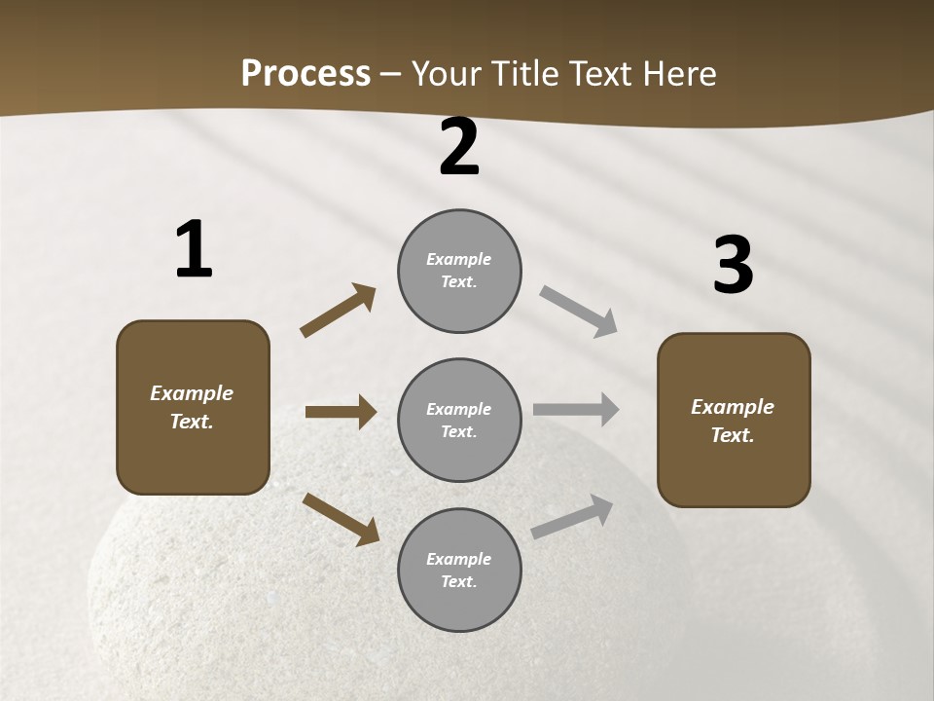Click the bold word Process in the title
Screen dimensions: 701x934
point(305,74)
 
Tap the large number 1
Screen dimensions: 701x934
point(194,250)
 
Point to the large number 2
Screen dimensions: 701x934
point(459,148)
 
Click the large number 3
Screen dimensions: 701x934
point(733,266)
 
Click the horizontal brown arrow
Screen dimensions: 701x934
point(341,412)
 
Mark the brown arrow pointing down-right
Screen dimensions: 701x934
point(341,519)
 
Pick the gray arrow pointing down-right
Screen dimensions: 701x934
point(579,311)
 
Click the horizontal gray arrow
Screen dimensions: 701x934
point(576,409)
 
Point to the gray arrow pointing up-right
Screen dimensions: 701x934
point(572,517)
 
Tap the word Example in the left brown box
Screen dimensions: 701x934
point(192,393)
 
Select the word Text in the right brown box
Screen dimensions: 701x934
point(731,435)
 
